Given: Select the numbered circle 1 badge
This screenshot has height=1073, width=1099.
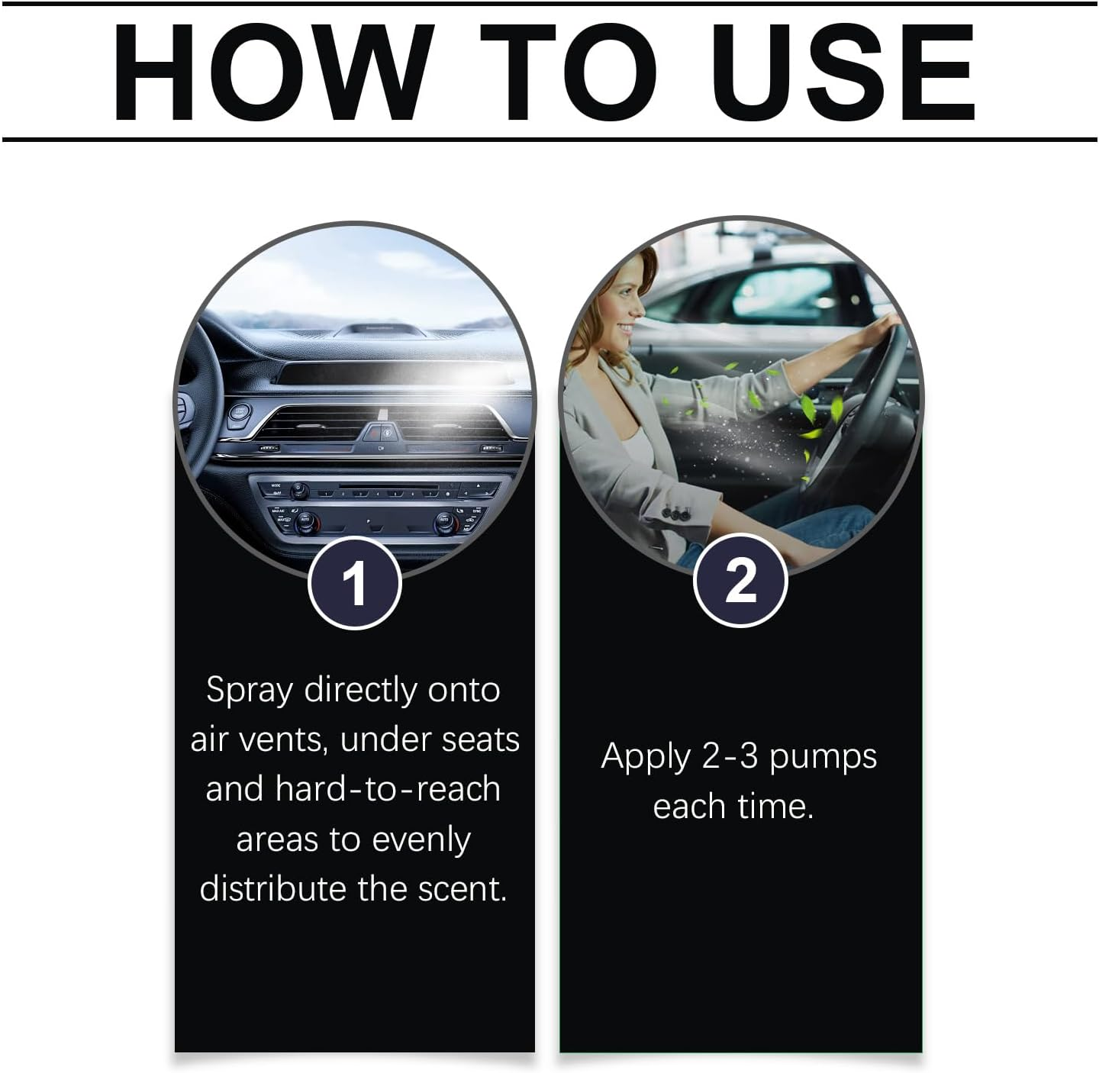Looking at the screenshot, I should (355, 583).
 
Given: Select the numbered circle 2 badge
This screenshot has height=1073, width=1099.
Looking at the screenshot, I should (740, 580).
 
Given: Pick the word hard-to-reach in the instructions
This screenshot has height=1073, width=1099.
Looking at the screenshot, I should (387, 789).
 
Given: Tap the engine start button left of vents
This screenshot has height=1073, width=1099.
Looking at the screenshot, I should (239, 412).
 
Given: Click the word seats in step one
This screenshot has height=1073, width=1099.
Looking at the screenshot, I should (480, 740).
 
